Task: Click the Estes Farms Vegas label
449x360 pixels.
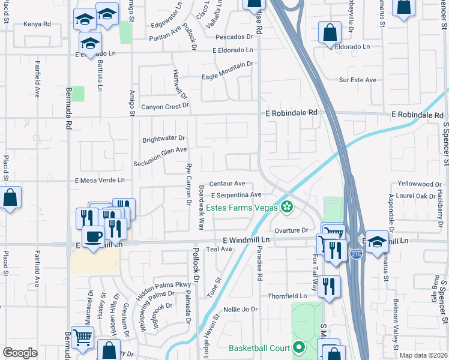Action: [x=242, y=208]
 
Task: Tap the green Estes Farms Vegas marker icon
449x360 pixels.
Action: [x=287, y=208]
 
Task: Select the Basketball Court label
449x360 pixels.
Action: [x=259, y=348]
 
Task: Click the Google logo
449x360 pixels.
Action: [x=20, y=353]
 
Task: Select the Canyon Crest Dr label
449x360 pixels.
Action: [x=164, y=107]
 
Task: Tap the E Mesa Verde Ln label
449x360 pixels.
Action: [x=100, y=180]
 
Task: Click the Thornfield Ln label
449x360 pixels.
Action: [x=287, y=296]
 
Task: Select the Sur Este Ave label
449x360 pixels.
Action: [x=357, y=80]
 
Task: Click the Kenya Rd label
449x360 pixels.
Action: [x=37, y=25]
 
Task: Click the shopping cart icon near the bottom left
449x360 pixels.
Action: [x=82, y=337]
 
